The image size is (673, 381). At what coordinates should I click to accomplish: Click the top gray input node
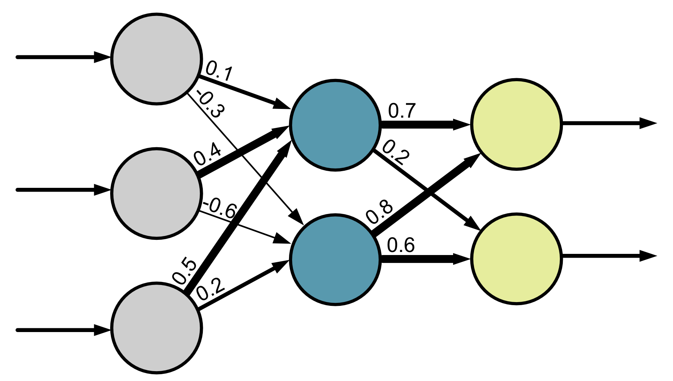[x=156, y=58]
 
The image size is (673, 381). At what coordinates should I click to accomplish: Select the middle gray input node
[x=156, y=193]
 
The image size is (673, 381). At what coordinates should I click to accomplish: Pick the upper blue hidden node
[x=335, y=125]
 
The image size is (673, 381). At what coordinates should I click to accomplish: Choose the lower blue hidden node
[x=335, y=259]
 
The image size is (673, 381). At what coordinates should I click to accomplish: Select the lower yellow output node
[x=516, y=258]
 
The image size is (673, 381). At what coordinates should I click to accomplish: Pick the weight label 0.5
[x=185, y=272]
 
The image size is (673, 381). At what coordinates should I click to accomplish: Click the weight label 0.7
[x=402, y=111]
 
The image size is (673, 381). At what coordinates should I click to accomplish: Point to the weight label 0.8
[x=379, y=212]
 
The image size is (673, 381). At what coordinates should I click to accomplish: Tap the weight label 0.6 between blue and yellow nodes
[x=401, y=245]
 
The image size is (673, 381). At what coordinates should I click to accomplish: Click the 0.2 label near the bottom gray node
[x=210, y=291]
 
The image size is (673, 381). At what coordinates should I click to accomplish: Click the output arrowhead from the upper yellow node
[x=648, y=123]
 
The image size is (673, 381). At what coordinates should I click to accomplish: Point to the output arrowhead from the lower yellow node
[x=648, y=256]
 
